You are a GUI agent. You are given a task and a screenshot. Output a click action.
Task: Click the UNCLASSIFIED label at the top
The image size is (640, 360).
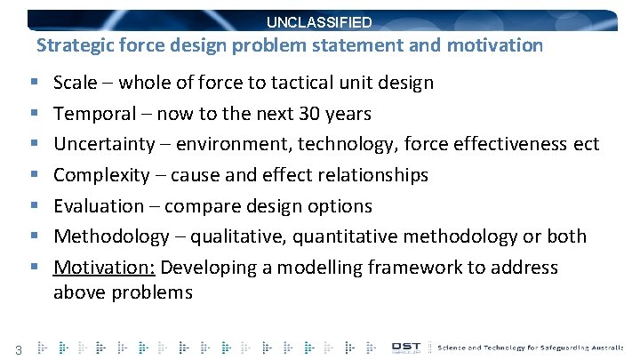[319, 22]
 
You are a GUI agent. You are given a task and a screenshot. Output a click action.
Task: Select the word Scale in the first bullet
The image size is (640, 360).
[75, 84]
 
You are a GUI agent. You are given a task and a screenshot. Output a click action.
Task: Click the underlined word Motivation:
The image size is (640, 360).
[104, 267]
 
